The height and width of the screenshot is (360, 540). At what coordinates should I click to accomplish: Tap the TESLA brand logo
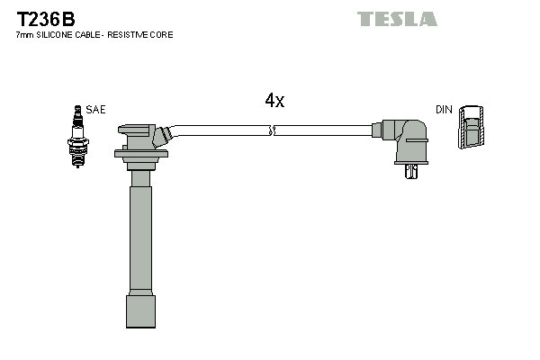397,19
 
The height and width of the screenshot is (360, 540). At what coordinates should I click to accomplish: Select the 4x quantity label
274,101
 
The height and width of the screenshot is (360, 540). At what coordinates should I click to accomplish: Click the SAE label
96,110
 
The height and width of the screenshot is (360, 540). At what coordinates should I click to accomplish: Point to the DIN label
444,110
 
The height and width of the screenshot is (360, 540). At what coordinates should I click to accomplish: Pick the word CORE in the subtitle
163,35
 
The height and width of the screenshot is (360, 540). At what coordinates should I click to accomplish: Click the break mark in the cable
272,131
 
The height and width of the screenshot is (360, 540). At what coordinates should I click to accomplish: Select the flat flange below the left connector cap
141,154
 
